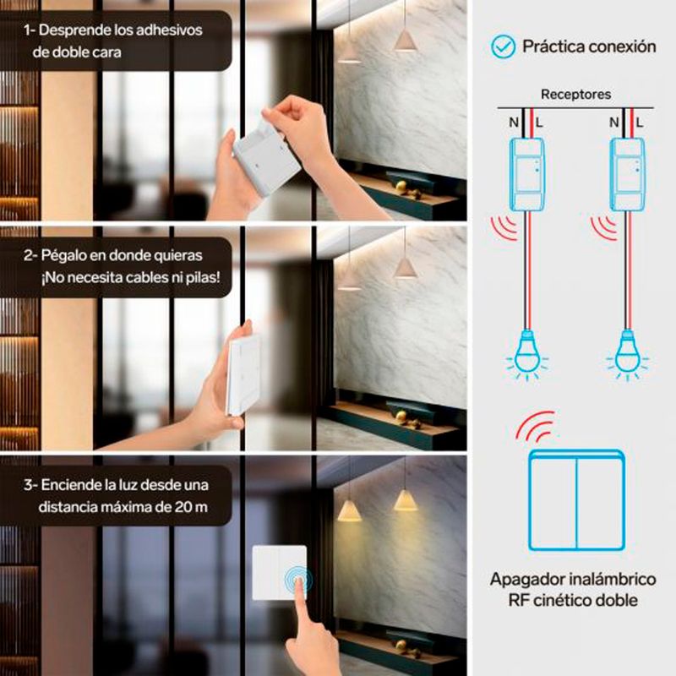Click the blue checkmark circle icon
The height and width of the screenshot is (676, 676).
pyautogui.click(x=503, y=46)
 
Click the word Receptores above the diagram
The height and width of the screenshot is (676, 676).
pyautogui.click(x=575, y=95)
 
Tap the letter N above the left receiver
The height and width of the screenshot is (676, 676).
pyautogui.click(x=514, y=123)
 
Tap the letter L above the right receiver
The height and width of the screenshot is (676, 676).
pyautogui.click(x=640, y=123)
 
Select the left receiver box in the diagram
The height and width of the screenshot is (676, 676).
pyautogui.click(x=527, y=174)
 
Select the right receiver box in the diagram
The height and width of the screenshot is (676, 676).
pyautogui.click(x=627, y=174)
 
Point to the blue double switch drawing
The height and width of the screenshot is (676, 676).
pyautogui.click(x=577, y=500)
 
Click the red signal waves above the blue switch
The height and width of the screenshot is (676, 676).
pyautogui.click(x=535, y=425)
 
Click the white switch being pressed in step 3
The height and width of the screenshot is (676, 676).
pyautogui.click(x=280, y=573)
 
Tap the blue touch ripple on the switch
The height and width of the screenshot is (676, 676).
pyautogui.click(x=298, y=580)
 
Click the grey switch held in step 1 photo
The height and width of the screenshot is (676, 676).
pyautogui.click(x=266, y=161)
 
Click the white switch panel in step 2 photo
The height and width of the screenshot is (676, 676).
pyautogui.click(x=243, y=375)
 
